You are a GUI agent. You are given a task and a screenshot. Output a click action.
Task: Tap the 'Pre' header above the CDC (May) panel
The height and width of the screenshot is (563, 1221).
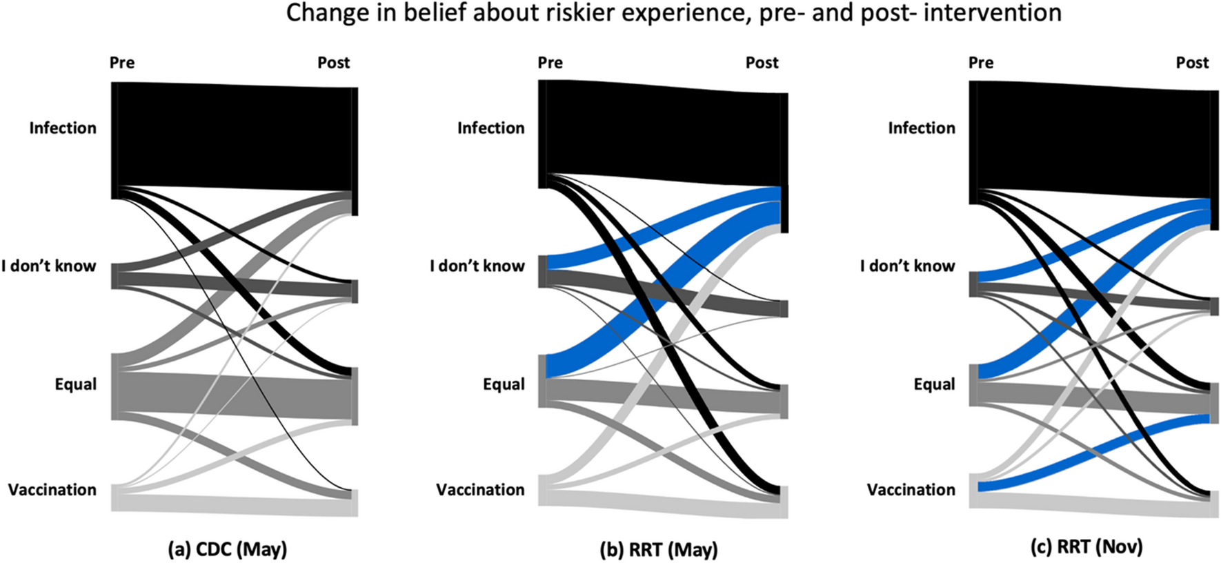pyautogui.click(x=122, y=63)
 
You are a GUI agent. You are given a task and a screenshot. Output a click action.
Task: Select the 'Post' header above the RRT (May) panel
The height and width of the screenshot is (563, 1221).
pyautogui.click(x=762, y=63)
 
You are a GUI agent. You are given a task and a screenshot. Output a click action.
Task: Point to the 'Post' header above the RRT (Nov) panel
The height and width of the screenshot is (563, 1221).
pyautogui.click(x=1192, y=63)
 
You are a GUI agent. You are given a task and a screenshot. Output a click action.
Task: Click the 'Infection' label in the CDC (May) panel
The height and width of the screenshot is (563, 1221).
pyautogui.click(x=63, y=128)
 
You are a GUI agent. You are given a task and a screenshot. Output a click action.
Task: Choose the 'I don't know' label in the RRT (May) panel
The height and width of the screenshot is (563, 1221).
pyautogui.click(x=477, y=266)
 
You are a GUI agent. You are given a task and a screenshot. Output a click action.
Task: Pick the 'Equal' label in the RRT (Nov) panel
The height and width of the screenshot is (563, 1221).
pyautogui.click(x=934, y=384)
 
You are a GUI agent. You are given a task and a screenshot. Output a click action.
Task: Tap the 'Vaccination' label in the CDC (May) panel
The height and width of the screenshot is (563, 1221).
pyautogui.click(x=52, y=490)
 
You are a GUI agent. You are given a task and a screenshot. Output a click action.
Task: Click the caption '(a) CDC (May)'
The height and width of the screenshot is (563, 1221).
pyautogui.click(x=228, y=549)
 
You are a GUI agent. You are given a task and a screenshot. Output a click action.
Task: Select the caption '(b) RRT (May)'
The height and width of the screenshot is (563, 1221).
pyautogui.click(x=659, y=549)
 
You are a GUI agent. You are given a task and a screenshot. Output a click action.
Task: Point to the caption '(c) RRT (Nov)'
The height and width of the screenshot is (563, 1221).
pyautogui.click(x=1086, y=547)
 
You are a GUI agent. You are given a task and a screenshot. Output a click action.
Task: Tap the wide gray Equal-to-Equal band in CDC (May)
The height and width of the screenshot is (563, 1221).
pyautogui.click(x=235, y=395)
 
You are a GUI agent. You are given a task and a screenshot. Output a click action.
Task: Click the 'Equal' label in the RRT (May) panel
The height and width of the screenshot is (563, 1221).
pyautogui.click(x=504, y=384)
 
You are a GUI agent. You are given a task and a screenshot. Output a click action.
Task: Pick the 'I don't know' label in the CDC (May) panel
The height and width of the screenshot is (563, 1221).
pyautogui.click(x=48, y=266)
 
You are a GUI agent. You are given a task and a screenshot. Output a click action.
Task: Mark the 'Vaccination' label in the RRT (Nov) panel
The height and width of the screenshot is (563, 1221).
pyautogui.click(x=911, y=490)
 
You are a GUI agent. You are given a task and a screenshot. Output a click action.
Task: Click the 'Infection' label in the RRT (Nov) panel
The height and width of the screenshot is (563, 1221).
pyautogui.click(x=922, y=128)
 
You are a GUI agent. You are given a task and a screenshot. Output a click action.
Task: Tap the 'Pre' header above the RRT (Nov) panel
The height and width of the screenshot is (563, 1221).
pyautogui.click(x=981, y=63)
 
